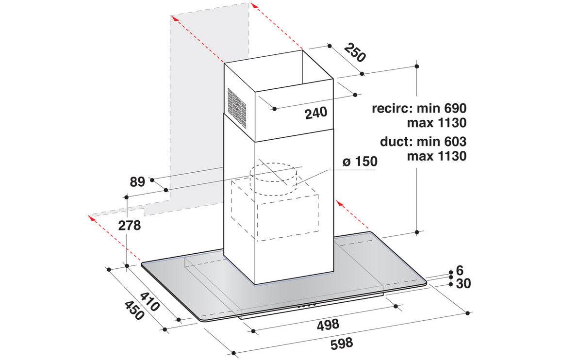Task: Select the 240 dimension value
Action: pos(316,113)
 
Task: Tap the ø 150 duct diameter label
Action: pos(360,162)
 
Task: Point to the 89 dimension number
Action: pos(137,182)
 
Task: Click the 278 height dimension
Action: pos(130,226)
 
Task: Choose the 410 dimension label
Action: pos(149,301)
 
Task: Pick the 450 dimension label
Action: pos(134,310)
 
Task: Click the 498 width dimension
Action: pos(328,325)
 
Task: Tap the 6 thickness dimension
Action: pos(460,270)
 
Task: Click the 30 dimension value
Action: pos(463,283)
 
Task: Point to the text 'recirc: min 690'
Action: pos(419,108)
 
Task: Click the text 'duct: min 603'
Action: pos(423,141)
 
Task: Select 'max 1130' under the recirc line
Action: pos(437,123)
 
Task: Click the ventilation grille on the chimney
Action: pos(237,108)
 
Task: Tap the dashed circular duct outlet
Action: pos(274,180)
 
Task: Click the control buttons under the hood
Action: pos(307,306)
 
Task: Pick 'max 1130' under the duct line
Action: pos(437,156)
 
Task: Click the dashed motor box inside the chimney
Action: pos(275,211)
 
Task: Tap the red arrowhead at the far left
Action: pos(92,218)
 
